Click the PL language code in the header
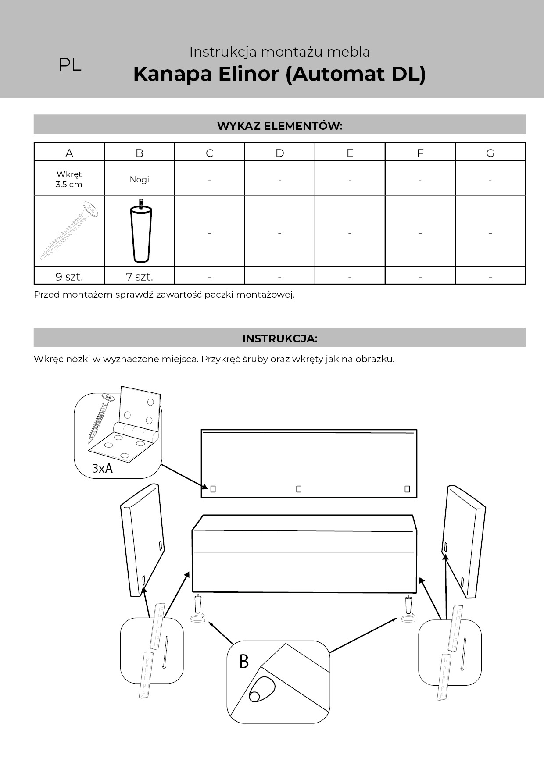(70, 65)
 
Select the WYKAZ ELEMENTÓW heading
(279, 126)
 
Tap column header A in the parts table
(69, 153)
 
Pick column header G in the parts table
(490, 153)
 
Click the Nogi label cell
(139, 179)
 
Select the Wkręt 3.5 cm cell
(69, 179)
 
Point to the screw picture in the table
(69, 231)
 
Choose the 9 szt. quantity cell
(69, 277)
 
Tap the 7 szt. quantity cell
(139, 277)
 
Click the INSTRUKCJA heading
(279, 338)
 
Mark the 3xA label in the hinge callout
(102, 468)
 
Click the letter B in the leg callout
(244, 662)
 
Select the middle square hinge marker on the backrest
(299, 489)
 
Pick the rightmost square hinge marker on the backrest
(407, 489)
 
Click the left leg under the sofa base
(198, 605)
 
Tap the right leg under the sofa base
(409, 605)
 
